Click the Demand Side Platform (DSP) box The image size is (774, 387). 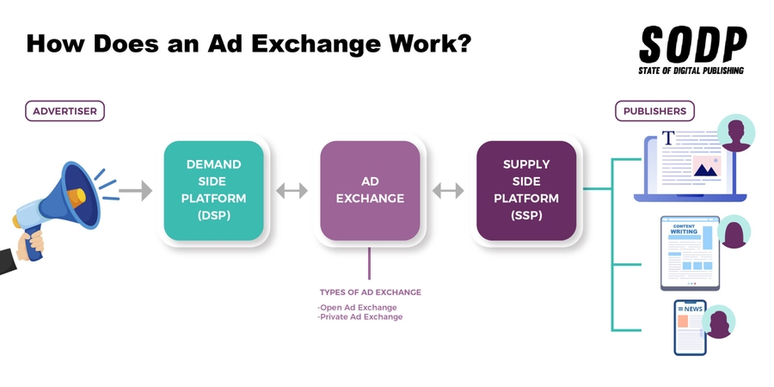213,190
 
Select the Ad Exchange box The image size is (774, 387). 370,190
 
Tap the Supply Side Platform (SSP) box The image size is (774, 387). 526,190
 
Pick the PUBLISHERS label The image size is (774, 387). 654,111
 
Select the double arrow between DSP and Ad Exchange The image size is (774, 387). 292,190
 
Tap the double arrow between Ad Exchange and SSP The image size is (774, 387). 448,190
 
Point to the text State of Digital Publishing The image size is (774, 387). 692,70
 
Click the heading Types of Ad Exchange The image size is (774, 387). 370,292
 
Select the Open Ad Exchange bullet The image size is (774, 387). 357,307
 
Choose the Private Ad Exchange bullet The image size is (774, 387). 359,317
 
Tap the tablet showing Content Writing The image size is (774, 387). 691,253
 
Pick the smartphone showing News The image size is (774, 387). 689,328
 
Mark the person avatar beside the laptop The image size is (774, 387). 735,133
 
